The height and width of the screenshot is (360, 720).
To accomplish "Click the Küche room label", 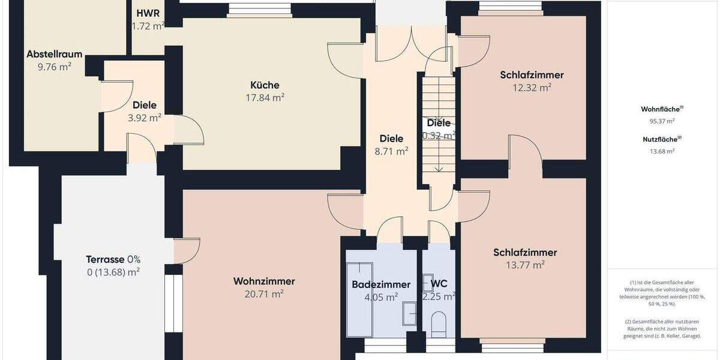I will tap(265, 85).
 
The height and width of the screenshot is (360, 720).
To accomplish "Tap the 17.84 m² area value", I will tap(265, 98).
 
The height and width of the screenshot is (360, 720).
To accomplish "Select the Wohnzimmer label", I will tap(264, 281).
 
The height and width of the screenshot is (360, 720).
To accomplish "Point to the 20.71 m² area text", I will tap(264, 294).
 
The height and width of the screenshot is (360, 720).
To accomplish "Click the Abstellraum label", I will tap(55, 54).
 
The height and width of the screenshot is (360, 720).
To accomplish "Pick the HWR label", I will tap(148, 13).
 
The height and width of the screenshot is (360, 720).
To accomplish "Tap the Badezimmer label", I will tap(381, 284).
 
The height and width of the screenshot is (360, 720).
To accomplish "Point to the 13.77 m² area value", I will tap(525, 265).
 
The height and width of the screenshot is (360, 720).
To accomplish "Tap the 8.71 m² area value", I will tap(391, 152).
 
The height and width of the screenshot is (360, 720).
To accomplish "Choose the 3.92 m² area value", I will tap(145, 118).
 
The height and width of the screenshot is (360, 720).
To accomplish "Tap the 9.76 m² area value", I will tap(55, 67).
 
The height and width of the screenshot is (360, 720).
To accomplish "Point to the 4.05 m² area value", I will tap(381, 297).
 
